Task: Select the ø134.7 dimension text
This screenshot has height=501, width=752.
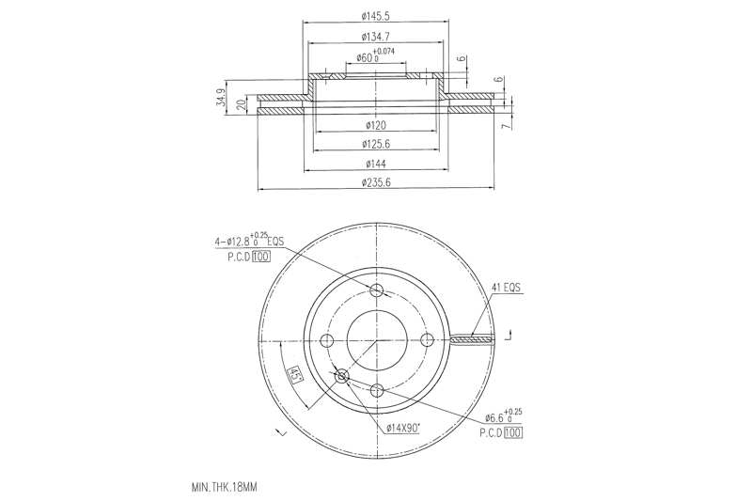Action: [375, 37]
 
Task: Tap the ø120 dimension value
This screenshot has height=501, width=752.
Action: [375, 125]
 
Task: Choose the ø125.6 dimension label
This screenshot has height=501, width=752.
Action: [375, 144]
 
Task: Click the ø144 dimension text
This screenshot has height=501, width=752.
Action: [375, 164]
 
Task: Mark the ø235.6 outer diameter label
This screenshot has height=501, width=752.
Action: [375, 182]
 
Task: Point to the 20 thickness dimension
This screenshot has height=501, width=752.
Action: [241, 103]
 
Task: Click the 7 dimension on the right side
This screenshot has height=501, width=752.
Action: [504, 125]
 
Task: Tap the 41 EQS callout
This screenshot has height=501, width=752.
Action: [506, 288]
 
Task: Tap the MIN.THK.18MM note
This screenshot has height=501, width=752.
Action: [223, 489]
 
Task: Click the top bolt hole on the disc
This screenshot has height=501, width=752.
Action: [377, 290]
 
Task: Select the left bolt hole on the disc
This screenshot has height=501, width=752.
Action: [327, 339]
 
